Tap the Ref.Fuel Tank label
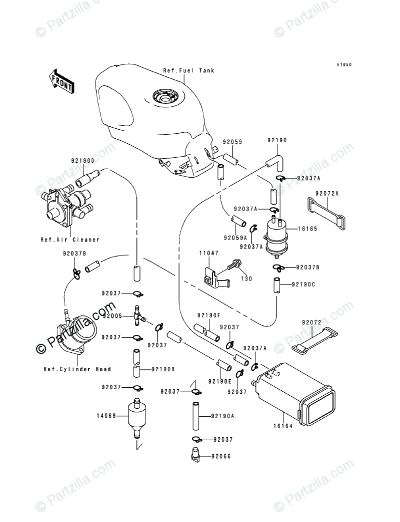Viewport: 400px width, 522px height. [188, 71]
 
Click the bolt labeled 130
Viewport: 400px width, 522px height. [235, 266]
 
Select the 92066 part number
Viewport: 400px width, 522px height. [221, 456]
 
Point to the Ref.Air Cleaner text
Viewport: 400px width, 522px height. [70, 240]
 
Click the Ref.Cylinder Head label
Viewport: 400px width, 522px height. [77, 369]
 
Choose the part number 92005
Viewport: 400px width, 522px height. [112, 316]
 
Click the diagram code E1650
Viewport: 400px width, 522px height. [344, 64]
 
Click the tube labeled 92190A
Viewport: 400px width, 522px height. [195, 414]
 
